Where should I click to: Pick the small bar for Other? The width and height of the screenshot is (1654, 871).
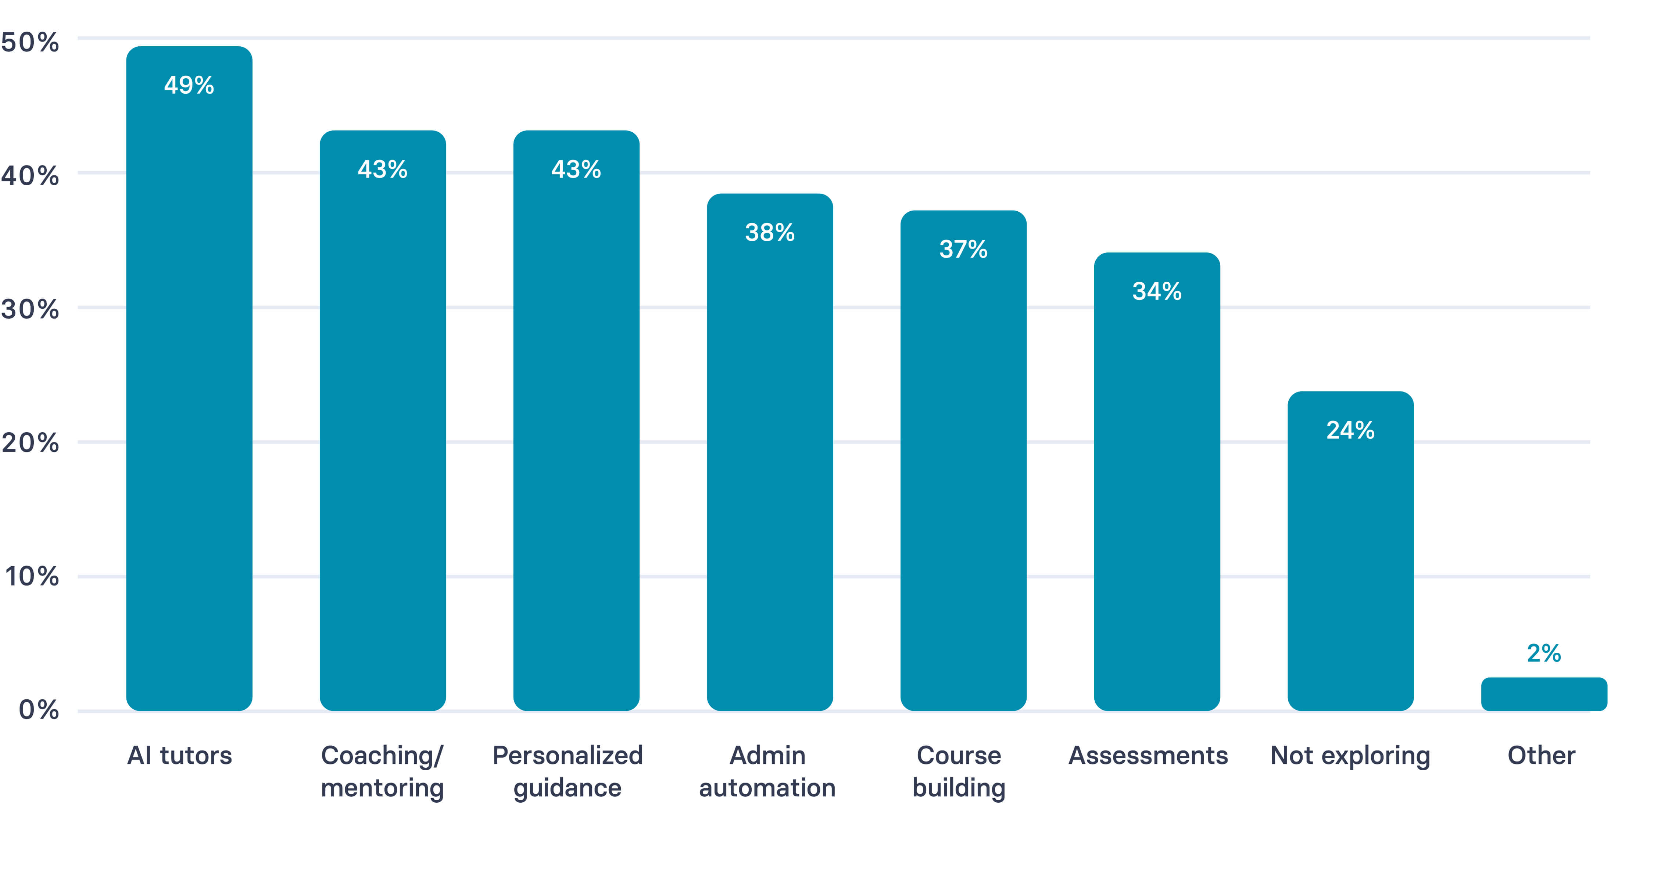pyautogui.click(x=1544, y=695)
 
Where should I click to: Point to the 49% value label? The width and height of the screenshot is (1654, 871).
pyautogui.click(x=189, y=85)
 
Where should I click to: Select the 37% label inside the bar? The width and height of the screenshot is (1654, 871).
pyautogui.click(x=963, y=249)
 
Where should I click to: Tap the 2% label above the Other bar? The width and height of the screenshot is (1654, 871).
pyautogui.click(x=1544, y=653)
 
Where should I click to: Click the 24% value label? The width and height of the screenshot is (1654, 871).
pyautogui.click(x=1350, y=430)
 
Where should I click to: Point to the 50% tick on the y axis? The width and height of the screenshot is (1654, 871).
pyautogui.click(x=30, y=42)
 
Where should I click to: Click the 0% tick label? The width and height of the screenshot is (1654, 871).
pyautogui.click(x=39, y=710)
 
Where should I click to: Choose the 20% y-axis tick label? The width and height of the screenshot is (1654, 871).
pyautogui.click(x=30, y=443)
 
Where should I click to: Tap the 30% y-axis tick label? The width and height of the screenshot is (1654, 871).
pyautogui.click(x=30, y=309)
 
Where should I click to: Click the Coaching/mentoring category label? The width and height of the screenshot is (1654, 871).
pyautogui.click(x=383, y=771)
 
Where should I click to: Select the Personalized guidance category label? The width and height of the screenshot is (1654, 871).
pyautogui.click(x=568, y=771)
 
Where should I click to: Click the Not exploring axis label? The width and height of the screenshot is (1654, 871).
pyautogui.click(x=1350, y=756)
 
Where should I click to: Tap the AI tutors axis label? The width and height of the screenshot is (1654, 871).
pyautogui.click(x=180, y=756)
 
